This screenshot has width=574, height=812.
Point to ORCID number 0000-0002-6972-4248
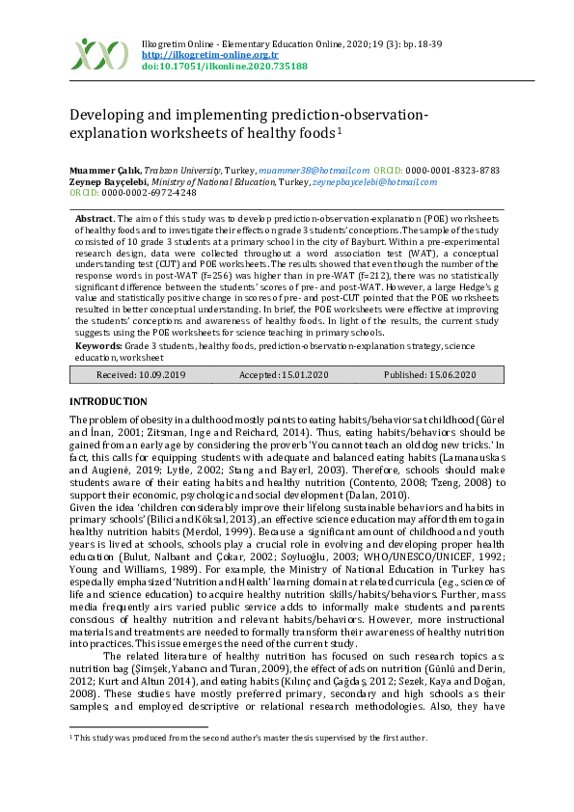[x=143, y=193]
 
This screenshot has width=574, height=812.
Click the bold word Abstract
[x=94, y=220]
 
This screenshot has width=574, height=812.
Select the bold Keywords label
[x=97, y=344]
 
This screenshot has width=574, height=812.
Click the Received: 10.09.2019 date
[x=141, y=374]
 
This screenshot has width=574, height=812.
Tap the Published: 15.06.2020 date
[x=429, y=374]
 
